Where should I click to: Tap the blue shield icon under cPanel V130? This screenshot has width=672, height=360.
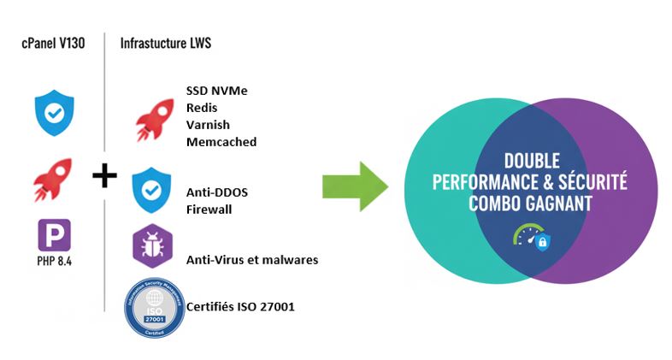[54, 113]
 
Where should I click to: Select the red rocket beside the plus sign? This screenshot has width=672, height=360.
[53, 178]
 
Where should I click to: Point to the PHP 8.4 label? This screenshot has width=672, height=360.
[54, 260]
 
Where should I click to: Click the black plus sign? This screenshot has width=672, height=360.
[104, 177]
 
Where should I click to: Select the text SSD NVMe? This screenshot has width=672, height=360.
[216, 91]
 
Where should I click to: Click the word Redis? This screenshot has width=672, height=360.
[201, 108]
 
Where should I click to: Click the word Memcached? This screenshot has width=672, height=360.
[221, 142]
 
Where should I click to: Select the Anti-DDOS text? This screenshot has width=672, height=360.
[216, 192]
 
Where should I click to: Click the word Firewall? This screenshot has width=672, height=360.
[209, 209]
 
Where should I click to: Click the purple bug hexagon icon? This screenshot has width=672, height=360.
[151, 246]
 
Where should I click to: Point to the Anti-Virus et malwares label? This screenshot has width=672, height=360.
[251, 259]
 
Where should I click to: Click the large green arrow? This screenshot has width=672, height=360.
[355, 186]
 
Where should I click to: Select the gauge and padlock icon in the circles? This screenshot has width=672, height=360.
[532, 237]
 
